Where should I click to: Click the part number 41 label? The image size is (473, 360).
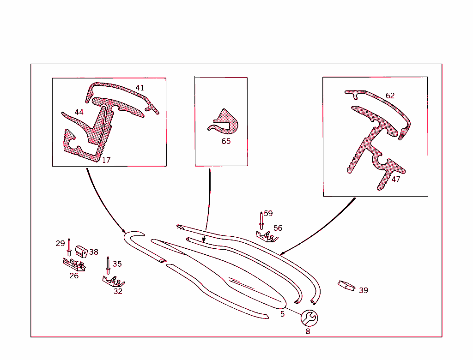(139, 88)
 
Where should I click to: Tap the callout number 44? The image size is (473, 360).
(79, 112)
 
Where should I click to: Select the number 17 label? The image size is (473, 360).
(106, 160)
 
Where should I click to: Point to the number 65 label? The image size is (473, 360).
(226, 141)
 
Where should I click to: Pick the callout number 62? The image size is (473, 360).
(390, 96)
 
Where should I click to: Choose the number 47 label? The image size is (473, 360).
(396, 179)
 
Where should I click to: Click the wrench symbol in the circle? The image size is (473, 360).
(309, 318)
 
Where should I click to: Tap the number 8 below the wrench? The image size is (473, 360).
(308, 331)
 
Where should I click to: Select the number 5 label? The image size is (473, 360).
(282, 314)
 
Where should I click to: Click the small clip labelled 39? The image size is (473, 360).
(346, 285)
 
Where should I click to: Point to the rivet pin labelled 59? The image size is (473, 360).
(261, 221)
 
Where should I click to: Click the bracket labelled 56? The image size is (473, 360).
(267, 237)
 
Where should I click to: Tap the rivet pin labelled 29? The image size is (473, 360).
(69, 247)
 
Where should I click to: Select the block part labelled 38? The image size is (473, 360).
(81, 252)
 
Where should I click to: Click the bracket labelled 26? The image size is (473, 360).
(74, 264)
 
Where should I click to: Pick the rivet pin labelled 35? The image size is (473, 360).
(108, 265)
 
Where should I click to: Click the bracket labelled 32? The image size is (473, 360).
(114, 281)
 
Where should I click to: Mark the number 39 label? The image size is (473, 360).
(364, 290)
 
